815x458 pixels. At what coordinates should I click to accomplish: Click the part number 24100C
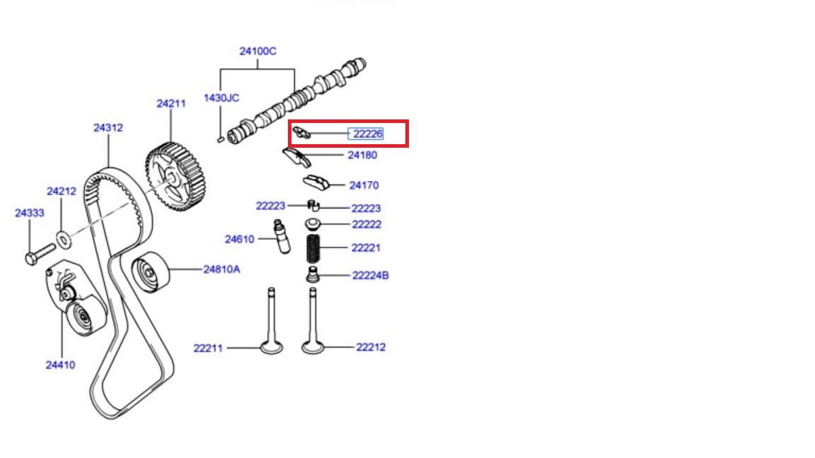tap(258, 52)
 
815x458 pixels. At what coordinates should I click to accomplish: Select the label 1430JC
tap(221, 98)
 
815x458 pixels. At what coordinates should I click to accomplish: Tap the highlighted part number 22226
tap(367, 134)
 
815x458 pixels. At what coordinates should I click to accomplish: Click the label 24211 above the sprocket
tap(171, 104)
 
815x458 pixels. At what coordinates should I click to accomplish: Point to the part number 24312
tap(108, 128)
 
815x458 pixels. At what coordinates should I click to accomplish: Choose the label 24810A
tap(221, 269)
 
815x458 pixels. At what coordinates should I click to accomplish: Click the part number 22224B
tap(370, 276)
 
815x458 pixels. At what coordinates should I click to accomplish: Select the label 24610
tap(239, 240)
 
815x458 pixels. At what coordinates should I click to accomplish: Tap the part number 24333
tap(30, 213)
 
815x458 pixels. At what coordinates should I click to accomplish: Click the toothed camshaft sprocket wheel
tap(175, 177)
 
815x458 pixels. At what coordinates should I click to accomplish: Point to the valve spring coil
tap(313, 249)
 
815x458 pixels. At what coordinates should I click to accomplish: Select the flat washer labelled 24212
tap(64, 240)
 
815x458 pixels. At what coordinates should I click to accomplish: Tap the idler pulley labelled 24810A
tap(150, 272)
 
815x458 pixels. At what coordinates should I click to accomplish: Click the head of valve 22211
tap(272, 347)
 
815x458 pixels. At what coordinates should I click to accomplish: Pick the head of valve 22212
tap(313, 347)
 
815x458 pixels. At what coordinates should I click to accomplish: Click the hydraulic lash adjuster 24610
tap(282, 237)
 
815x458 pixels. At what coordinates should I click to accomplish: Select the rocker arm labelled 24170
tap(316, 182)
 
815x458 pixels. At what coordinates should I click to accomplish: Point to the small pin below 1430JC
tap(221, 139)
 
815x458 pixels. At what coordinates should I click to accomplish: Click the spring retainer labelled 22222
tap(313, 224)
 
